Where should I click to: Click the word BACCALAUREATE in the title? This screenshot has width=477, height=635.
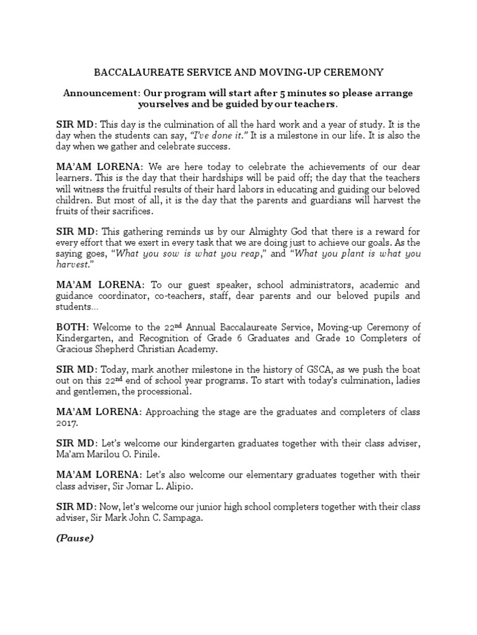point(132,73)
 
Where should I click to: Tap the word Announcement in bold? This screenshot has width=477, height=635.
point(99,92)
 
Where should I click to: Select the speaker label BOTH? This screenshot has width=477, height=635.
point(72,327)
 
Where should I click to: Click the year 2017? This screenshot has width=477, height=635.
point(68,423)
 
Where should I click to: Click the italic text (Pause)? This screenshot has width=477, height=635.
point(75,538)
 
